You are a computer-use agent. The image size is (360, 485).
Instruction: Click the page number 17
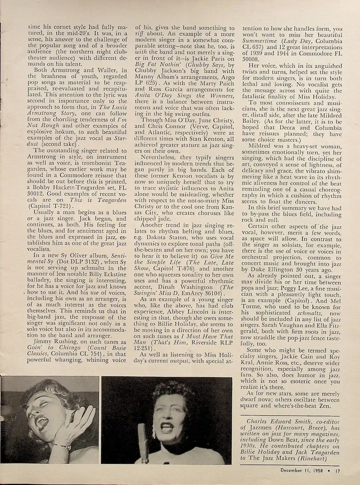[x=338, y=470]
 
